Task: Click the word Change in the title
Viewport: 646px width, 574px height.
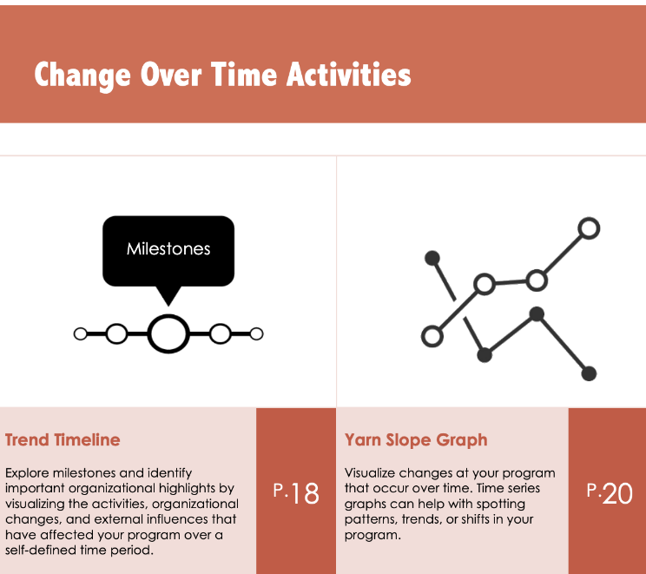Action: pyautogui.click(x=82, y=76)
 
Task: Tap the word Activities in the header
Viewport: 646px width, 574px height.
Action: pyautogui.click(x=348, y=74)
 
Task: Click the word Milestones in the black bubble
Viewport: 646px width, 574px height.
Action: pyautogui.click(x=168, y=249)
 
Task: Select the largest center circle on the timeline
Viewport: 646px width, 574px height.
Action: pyautogui.click(x=168, y=333)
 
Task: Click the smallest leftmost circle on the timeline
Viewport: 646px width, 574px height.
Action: pyautogui.click(x=81, y=333)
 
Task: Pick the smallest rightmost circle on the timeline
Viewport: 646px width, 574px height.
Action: pyautogui.click(x=256, y=333)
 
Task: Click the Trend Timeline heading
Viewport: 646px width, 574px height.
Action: pyautogui.click(x=63, y=439)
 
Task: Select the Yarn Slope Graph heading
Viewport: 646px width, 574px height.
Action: pyautogui.click(x=416, y=440)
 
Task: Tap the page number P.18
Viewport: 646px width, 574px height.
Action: pyautogui.click(x=296, y=492)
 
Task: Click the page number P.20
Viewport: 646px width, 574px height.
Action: pyautogui.click(x=610, y=492)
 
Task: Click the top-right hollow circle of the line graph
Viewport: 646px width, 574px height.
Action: pyautogui.click(x=590, y=228)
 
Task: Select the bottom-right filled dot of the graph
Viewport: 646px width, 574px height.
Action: pyautogui.click(x=589, y=373)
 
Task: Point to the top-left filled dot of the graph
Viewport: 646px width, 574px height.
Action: pyautogui.click(x=432, y=259)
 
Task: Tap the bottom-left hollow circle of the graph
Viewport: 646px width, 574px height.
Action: pyautogui.click(x=432, y=336)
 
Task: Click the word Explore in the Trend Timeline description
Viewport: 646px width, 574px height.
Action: pyautogui.click(x=27, y=473)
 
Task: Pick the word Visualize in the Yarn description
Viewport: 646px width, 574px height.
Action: pyautogui.click(x=369, y=472)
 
